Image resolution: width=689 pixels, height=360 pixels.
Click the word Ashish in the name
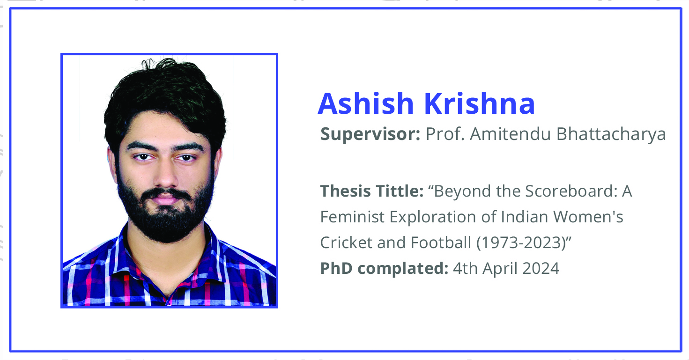pyautogui.click(x=366, y=103)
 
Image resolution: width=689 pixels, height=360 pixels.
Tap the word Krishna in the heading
pyautogui.click(x=480, y=103)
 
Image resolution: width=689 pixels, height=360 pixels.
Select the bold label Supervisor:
pyautogui.click(x=370, y=134)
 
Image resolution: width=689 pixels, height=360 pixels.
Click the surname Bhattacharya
pyautogui.click(x=611, y=134)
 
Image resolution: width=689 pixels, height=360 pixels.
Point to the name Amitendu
pyautogui.click(x=510, y=134)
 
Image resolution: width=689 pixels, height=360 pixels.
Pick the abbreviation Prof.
pyautogui.click(x=445, y=134)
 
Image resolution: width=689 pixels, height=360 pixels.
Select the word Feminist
pyautogui.click(x=352, y=217)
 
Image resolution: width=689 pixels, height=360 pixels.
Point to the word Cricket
pyautogui.click(x=346, y=242)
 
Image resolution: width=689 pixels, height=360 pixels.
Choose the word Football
pyautogui.click(x=441, y=242)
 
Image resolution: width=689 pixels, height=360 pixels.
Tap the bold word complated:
pyautogui.click(x=403, y=269)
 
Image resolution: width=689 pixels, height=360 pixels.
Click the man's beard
pyautogui.click(x=165, y=215)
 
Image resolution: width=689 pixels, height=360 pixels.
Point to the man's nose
pyautogui.click(x=165, y=175)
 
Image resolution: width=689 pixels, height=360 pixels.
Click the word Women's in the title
pyautogui.click(x=588, y=217)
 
